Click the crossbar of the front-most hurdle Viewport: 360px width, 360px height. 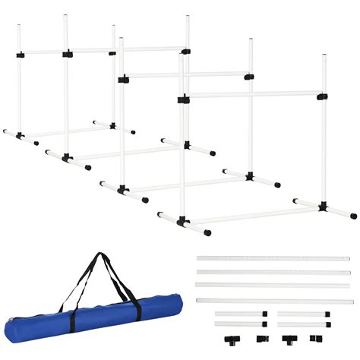click(x=251, y=96)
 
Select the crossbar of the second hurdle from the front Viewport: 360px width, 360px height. click(x=186, y=75)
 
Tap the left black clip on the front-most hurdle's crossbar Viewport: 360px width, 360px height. click(x=182, y=97)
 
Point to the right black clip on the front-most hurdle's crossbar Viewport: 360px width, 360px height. click(x=323, y=96)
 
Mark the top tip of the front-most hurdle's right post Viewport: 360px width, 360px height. click(x=324, y=55)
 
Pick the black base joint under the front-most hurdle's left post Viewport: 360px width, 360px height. click(x=182, y=223)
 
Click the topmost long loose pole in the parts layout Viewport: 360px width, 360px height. click(x=273, y=258)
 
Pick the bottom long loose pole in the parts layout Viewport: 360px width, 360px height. click(x=273, y=301)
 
